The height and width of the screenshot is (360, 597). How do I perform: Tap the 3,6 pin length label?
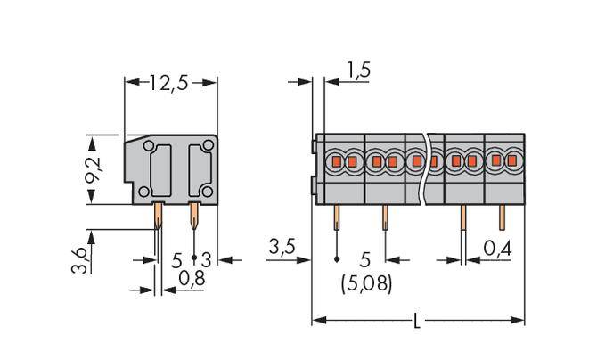(x=82, y=264)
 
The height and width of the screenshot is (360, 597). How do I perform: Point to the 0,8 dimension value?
(x=191, y=279)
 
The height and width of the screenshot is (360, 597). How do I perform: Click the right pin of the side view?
(x=194, y=214)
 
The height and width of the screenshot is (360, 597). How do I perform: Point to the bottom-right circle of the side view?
(x=207, y=192)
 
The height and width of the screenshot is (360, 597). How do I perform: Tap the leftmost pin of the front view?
(x=337, y=218)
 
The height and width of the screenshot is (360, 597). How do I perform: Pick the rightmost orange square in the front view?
(x=511, y=162)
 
